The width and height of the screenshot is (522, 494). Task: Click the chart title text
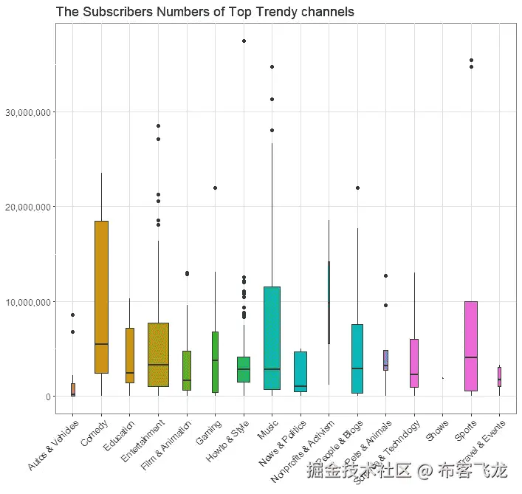pos(205,13)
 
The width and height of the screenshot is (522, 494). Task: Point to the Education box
pos(130,355)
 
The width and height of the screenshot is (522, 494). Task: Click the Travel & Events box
pos(499,377)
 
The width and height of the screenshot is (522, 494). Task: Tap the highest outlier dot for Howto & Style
pos(244,41)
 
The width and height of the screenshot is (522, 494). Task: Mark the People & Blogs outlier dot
pos(357,188)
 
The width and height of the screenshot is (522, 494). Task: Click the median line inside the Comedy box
pos(101,344)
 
